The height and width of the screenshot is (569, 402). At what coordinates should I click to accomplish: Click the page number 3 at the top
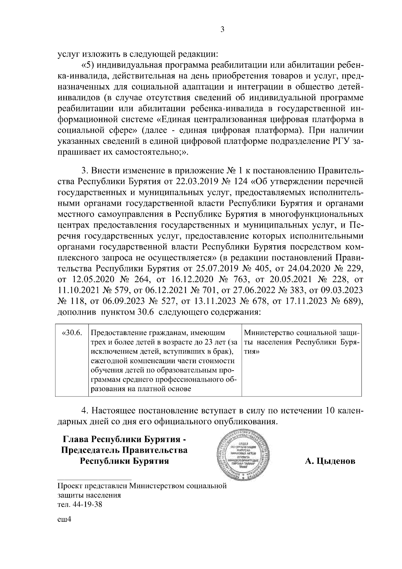(222, 29)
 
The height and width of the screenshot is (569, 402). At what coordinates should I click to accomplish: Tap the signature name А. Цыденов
(330, 461)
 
